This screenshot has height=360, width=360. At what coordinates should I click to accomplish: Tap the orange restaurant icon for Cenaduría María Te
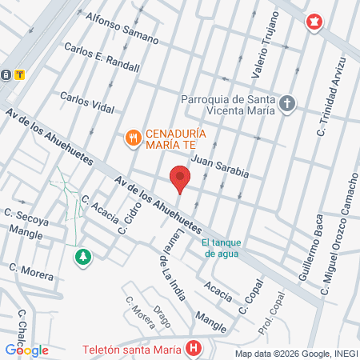(x=133, y=138)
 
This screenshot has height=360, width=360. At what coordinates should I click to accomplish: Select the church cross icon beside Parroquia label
(x=287, y=104)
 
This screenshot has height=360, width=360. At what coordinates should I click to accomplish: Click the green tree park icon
(x=82, y=257)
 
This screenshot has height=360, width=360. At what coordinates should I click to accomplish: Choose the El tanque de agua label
(x=222, y=248)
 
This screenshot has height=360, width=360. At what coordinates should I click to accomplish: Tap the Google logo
(x=26, y=350)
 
